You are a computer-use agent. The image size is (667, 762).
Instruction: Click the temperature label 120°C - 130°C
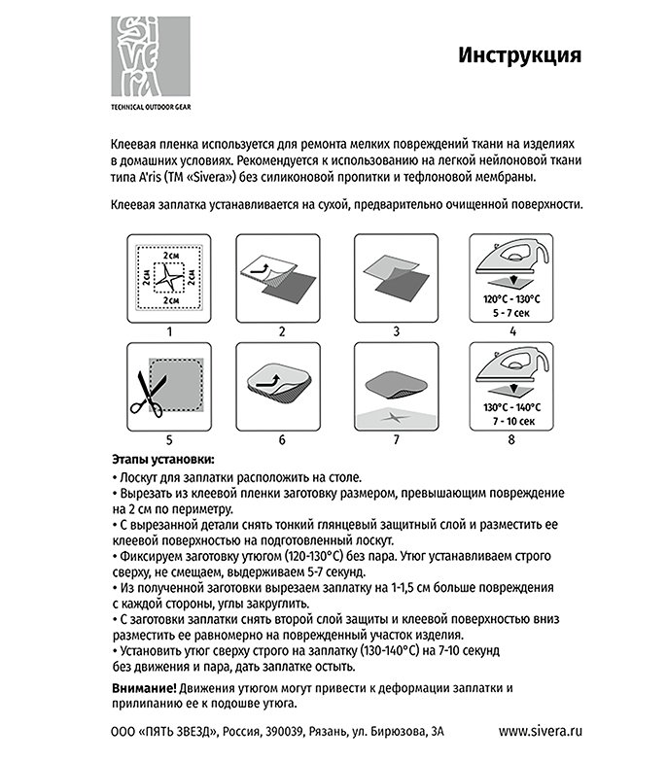510,299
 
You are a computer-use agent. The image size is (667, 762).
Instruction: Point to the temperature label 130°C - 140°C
510,408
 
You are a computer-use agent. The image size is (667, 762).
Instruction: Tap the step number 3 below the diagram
396,331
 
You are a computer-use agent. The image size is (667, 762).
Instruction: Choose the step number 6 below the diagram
282,439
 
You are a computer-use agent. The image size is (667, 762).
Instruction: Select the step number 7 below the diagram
396,439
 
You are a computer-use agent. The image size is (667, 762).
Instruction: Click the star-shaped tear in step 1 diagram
169,277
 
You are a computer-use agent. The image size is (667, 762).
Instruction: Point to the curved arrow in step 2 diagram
261,263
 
